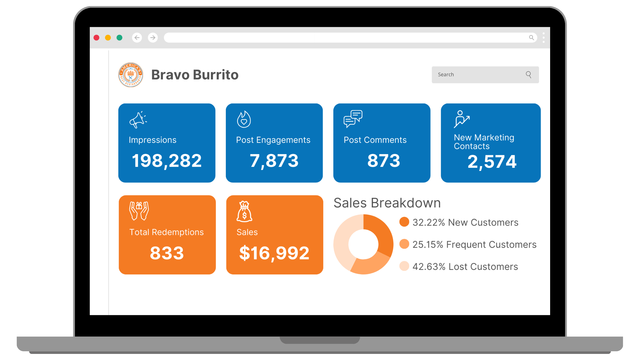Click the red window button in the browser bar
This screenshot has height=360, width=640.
tap(97, 38)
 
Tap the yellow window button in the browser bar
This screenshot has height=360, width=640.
tap(108, 38)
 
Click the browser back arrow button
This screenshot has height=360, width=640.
tap(137, 38)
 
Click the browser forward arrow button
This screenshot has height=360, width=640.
tap(153, 38)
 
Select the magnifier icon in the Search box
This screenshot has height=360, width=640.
tap(529, 75)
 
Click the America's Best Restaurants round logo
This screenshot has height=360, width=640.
tap(131, 75)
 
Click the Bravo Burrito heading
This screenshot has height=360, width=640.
tap(195, 75)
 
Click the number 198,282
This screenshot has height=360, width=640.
tap(167, 161)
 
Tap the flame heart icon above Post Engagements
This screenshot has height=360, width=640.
tap(244, 119)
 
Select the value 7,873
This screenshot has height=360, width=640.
tap(274, 161)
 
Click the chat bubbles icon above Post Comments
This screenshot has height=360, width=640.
tap(353, 119)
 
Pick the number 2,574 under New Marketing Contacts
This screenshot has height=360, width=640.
tap(492, 162)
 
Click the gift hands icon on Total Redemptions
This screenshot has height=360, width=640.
tap(139, 211)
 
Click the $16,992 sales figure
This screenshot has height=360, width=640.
tap(274, 253)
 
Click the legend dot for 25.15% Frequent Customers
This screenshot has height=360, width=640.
tap(404, 244)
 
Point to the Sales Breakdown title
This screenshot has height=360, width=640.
tap(387, 203)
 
